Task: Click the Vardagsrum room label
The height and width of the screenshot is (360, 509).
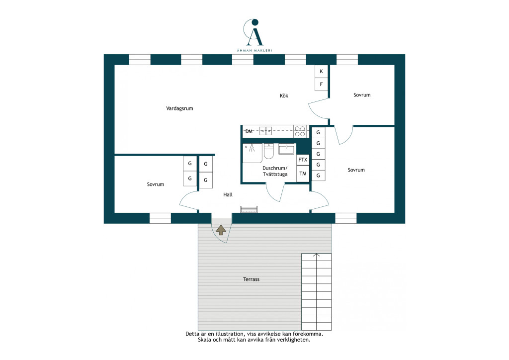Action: coord(179,108)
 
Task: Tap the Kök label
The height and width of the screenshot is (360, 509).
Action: coord(284,95)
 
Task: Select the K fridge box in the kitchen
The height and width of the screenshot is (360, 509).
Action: coord(322,72)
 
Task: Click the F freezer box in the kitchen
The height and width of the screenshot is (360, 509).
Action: coord(322,85)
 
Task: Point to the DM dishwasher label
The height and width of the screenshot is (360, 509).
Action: coord(249,131)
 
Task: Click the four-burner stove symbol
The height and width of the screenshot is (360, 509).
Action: coord(300,131)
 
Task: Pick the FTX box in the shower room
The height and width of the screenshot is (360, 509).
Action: coord(303,160)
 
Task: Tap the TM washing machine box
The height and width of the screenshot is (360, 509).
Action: coord(303,174)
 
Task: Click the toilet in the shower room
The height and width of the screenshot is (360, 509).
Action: coord(269,151)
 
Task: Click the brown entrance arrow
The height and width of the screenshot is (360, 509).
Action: coord(221,230)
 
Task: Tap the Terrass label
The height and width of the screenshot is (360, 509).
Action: coord(251,279)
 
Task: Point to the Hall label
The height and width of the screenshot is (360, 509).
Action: coord(228,195)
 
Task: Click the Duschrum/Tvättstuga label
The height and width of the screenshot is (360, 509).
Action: coord(275,171)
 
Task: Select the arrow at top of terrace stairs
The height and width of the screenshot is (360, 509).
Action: coord(317,255)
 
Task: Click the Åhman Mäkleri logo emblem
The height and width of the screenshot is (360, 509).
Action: coord(254,32)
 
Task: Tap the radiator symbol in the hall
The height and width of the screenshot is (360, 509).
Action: coord(249,209)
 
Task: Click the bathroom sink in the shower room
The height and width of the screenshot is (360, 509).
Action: coord(286,149)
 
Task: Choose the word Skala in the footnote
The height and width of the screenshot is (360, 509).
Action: coord(204,340)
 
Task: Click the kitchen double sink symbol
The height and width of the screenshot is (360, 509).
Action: coord(265,131)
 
